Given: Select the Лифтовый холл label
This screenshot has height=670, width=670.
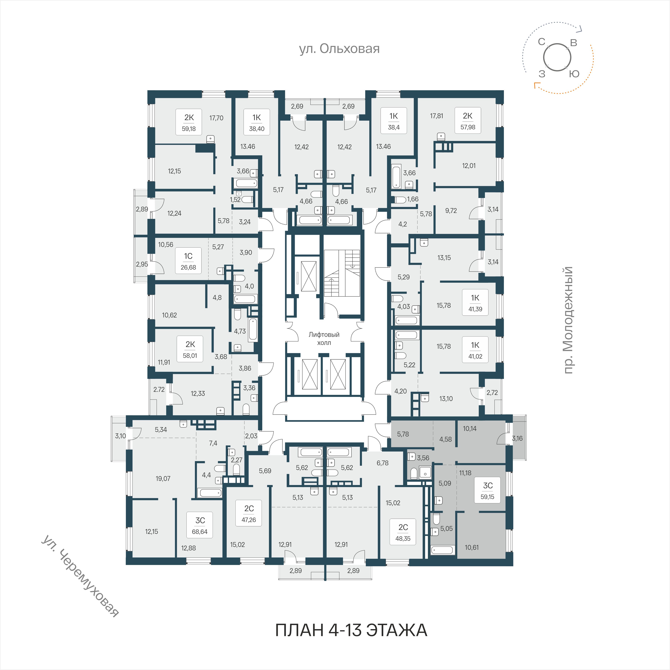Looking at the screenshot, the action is tap(324, 339).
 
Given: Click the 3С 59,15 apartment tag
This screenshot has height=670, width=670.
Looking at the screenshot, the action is tap(488, 491).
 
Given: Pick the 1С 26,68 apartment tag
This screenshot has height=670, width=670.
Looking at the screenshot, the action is tap(188, 261).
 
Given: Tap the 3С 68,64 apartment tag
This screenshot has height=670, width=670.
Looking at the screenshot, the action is tap(200, 525).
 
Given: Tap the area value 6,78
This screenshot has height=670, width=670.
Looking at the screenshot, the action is tap(383, 463).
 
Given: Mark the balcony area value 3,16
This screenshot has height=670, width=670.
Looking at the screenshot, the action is tap(517, 438).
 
